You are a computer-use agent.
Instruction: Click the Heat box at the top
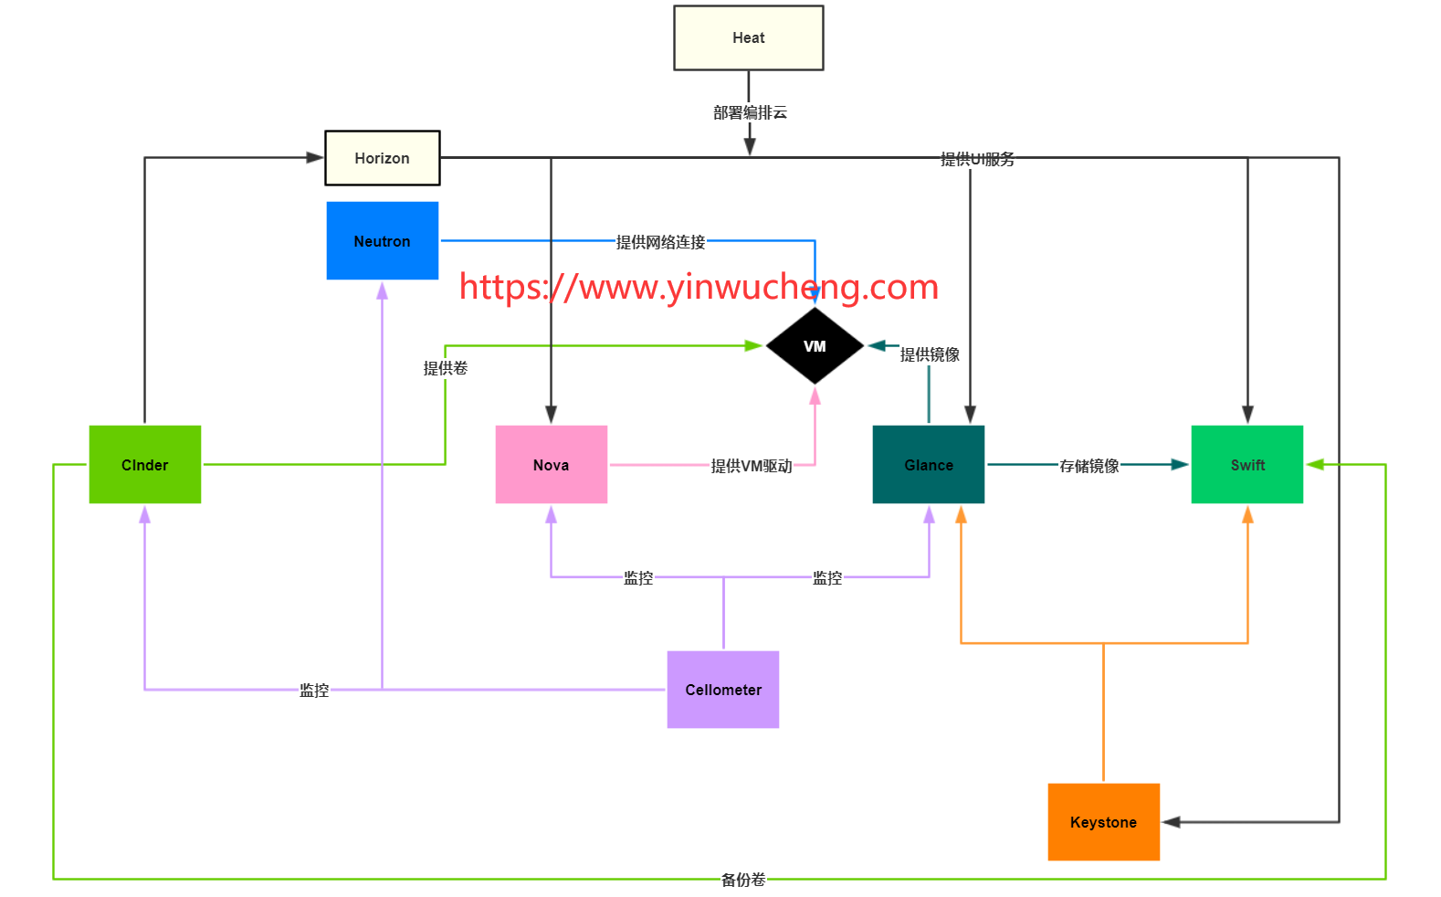pyautogui.click(x=748, y=37)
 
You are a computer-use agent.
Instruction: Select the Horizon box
pyautogui.click(x=382, y=158)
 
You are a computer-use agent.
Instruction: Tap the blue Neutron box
pyautogui.click(x=382, y=241)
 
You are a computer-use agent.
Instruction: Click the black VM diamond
pyautogui.click(x=815, y=346)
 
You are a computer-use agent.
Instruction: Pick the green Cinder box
pyautogui.click(x=144, y=465)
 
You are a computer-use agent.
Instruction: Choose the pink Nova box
pyautogui.click(x=551, y=465)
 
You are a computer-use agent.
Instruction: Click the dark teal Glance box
pyautogui.click(x=928, y=465)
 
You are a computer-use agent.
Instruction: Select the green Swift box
pyautogui.click(x=1246, y=465)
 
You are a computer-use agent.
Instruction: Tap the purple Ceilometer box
pyautogui.click(x=722, y=690)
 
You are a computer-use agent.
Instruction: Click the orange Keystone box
pyautogui.click(x=1103, y=822)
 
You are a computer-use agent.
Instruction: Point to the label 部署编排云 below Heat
pyautogui.click(x=750, y=112)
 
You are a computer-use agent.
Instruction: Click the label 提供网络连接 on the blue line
pyautogui.click(x=660, y=242)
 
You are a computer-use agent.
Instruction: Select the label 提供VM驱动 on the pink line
pyautogui.click(x=752, y=466)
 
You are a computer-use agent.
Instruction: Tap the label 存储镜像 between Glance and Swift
pyautogui.click(x=1089, y=466)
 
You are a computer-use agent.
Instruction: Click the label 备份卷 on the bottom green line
pyautogui.click(x=743, y=880)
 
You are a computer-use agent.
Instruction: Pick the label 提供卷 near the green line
pyautogui.click(x=445, y=368)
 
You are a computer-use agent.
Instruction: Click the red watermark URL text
pyautogui.click(x=699, y=287)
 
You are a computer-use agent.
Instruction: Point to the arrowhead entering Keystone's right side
pyautogui.click(x=1172, y=822)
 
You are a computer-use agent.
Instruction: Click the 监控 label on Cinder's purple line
pyautogui.click(x=314, y=691)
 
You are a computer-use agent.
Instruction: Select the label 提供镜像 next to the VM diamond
pyautogui.click(x=930, y=354)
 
